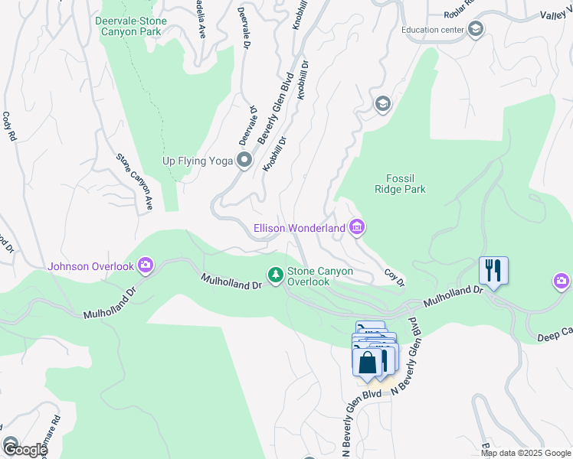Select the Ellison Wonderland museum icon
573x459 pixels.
tap(356, 227)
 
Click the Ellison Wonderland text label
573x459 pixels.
tap(300, 228)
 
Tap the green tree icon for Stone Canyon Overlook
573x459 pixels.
tap(274, 274)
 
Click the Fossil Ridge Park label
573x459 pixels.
tap(400, 184)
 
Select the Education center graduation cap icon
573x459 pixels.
tap(475, 30)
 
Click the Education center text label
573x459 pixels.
tap(432, 31)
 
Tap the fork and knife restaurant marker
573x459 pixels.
tap(493, 271)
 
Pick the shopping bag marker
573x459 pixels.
tap(368, 362)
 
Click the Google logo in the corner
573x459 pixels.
tap(24, 450)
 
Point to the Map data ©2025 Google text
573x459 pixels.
tap(525, 453)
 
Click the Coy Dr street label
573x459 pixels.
tap(394, 278)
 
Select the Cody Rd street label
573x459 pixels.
tap(10, 128)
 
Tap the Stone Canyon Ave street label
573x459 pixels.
tap(136, 182)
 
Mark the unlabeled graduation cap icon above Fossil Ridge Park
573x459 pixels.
tap(382, 103)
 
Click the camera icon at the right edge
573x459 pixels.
tap(562, 283)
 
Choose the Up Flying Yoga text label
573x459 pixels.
tap(198, 161)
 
